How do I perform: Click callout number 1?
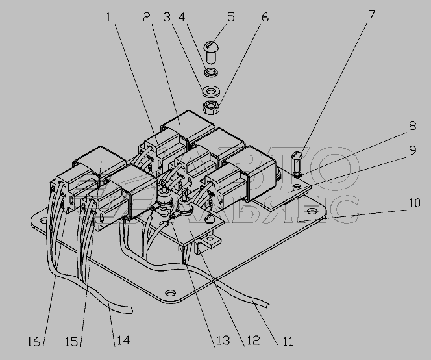(108, 18)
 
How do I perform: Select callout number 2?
(147, 18)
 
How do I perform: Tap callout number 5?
(231, 18)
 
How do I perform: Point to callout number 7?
(372, 15)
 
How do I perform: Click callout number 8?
(413, 126)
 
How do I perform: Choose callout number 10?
(414, 203)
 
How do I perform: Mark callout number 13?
(223, 341)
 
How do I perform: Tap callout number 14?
(123, 341)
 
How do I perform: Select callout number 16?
(34, 342)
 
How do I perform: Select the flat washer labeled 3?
(211, 91)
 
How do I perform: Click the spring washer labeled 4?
(211, 72)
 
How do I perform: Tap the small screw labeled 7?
(297, 161)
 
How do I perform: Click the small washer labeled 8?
(297, 174)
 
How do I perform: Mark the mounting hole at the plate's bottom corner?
(171, 292)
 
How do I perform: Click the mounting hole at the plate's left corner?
(43, 220)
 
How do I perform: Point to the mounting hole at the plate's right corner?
(311, 211)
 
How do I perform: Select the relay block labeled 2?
(188, 125)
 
